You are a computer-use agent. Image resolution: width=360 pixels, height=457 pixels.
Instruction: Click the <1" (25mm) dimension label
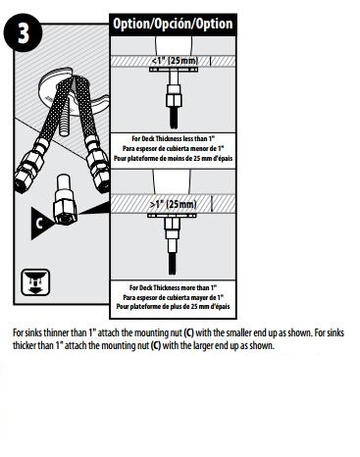coord(178,60)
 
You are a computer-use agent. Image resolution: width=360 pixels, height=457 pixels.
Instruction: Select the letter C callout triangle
coord(40,223)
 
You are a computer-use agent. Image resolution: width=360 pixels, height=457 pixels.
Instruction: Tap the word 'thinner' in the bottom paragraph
coord(62,333)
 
